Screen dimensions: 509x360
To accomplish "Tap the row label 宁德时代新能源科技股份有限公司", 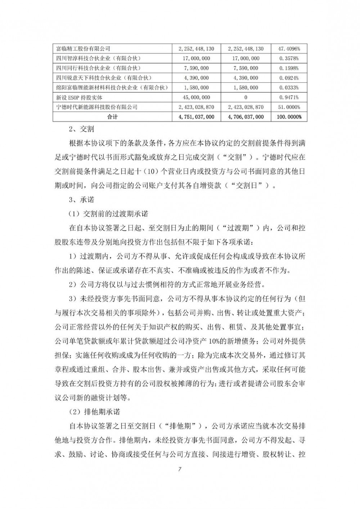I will click(97, 107).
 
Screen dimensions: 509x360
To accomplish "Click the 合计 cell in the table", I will click(112, 117).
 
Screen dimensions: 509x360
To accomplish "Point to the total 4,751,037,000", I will click(196, 117).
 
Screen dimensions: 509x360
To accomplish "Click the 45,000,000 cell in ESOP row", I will click(196, 97).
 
